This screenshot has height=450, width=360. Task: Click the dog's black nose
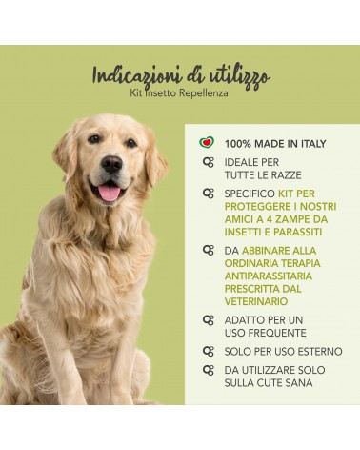pyautogui.click(x=111, y=164)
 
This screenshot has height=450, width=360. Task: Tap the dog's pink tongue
pyautogui.click(x=109, y=193)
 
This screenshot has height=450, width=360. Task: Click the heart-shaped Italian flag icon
pyautogui.click(x=207, y=142)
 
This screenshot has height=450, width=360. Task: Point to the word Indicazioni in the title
pyautogui.click(x=137, y=76)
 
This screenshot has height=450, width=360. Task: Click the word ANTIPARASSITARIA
pyautogui.click(x=269, y=276)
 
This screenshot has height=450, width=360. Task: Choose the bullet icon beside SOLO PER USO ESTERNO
pyautogui.click(x=209, y=351)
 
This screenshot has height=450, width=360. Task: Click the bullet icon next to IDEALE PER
pyautogui.click(x=209, y=162)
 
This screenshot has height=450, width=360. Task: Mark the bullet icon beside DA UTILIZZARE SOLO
pyautogui.click(x=209, y=370)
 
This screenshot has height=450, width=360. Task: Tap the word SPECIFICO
pyautogui.click(x=250, y=194)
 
